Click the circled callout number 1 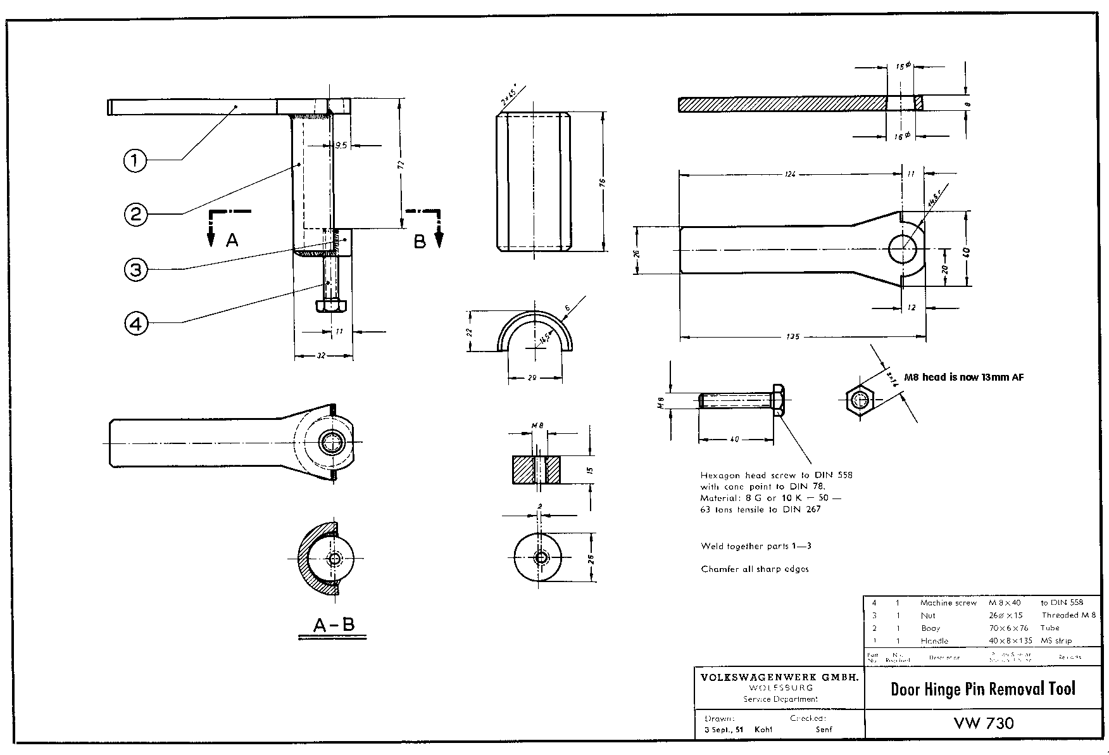pyautogui.click(x=134, y=160)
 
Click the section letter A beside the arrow pyautogui.click(x=232, y=240)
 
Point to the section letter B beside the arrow pyautogui.click(x=419, y=241)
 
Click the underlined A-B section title pyautogui.click(x=334, y=625)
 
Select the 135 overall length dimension pyautogui.click(x=792, y=337)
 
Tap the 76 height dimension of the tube pyautogui.click(x=603, y=182)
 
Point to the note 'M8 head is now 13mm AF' pyautogui.click(x=963, y=377)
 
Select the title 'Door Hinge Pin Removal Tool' pyautogui.click(x=982, y=689)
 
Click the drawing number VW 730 pyautogui.click(x=983, y=723)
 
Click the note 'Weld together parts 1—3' pyautogui.click(x=756, y=546)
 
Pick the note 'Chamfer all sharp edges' pyautogui.click(x=755, y=569)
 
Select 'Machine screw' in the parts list pyautogui.click(x=948, y=603)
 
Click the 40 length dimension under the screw pyautogui.click(x=734, y=439)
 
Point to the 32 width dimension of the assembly pyautogui.click(x=321, y=356)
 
